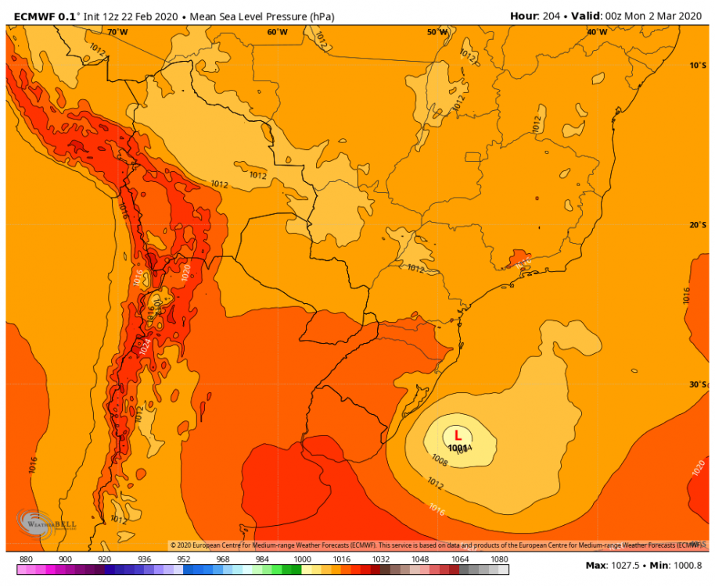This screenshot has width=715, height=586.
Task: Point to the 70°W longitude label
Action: (x=117, y=32)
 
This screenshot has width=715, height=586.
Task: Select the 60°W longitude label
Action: (x=277, y=32)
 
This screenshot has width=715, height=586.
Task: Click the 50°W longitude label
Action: (x=437, y=32)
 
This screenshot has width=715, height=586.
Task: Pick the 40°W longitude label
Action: (x=597, y=32)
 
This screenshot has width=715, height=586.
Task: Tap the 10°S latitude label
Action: (x=698, y=66)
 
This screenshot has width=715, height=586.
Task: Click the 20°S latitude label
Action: (x=698, y=225)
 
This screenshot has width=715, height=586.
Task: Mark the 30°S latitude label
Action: (x=698, y=384)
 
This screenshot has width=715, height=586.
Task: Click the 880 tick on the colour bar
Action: (x=25, y=559)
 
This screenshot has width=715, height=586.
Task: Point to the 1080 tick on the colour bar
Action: (x=498, y=559)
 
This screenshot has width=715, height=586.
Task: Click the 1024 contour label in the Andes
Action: (x=146, y=345)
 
